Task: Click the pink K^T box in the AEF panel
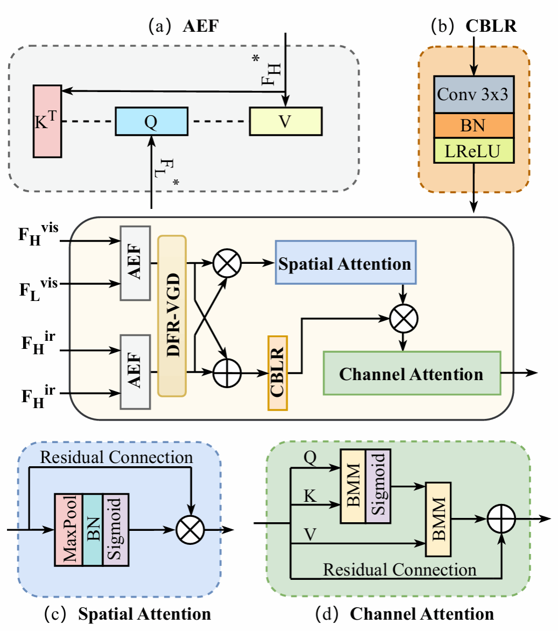48,121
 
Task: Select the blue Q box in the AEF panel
151,121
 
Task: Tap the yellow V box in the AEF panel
285,121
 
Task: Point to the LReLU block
474,152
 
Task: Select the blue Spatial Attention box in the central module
346,264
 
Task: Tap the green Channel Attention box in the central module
411,373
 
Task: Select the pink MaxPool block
68,529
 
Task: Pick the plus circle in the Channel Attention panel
501,520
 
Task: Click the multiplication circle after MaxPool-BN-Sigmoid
191,530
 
